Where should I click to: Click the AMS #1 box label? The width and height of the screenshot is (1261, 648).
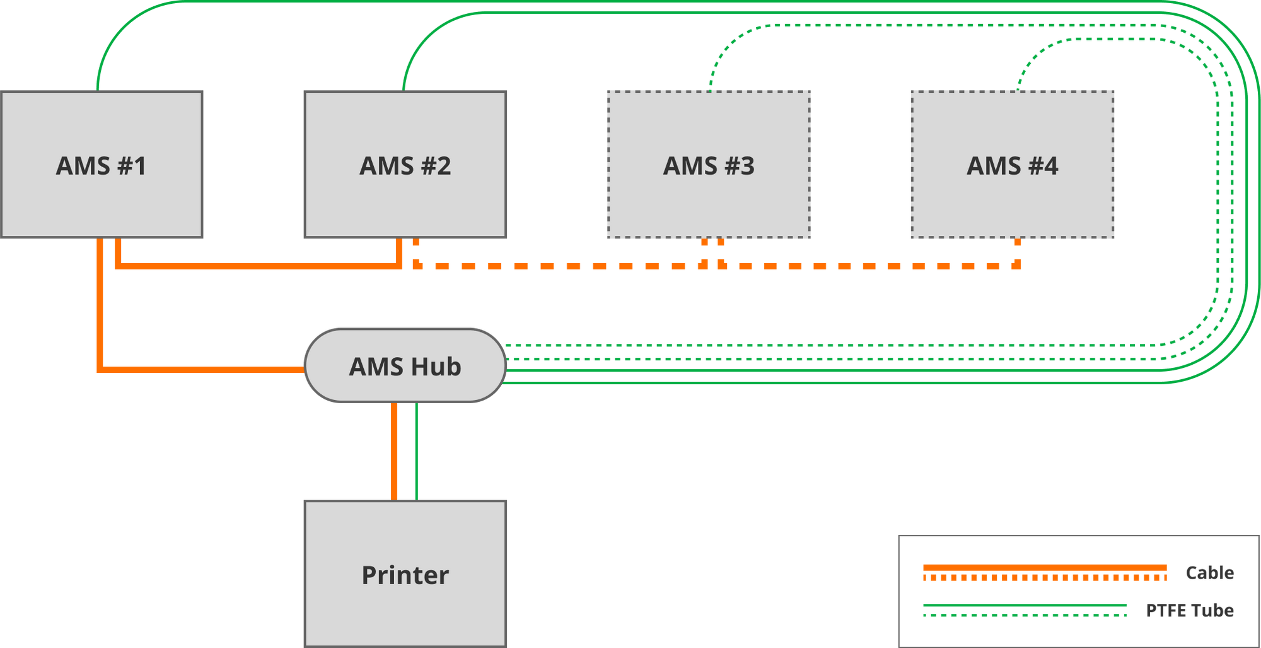[102, 166]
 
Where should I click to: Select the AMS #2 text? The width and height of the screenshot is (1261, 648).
[405, 166]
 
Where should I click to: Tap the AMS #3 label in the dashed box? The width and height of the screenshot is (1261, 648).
[709, 166]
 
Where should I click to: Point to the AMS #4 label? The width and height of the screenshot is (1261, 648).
[1013, 166]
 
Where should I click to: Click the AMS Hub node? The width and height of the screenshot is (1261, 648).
[405, 366]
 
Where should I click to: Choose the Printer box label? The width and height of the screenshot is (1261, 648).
[405, 575]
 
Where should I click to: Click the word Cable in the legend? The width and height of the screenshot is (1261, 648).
[1209, 572]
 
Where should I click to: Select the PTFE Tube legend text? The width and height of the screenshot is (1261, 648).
[1190, 610]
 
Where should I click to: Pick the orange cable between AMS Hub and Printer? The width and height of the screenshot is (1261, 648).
[394, 451]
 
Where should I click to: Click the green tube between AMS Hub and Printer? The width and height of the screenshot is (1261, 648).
[416, 451]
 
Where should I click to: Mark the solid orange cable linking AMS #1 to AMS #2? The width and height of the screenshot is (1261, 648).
[259, 266]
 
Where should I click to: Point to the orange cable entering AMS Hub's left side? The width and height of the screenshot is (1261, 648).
[202, 370]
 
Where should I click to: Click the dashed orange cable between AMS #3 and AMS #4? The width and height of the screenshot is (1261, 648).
[870, 266]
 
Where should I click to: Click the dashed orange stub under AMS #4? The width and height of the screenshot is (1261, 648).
[1017, 252]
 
